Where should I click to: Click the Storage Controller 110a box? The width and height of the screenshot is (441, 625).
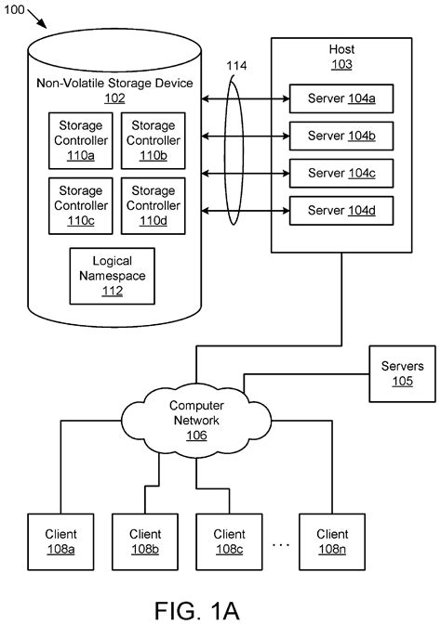click(x=80, y=140)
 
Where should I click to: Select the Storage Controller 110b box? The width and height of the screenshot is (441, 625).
click(x=153, y=140)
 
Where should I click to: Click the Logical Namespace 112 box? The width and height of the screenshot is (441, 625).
click(x=113, y=276)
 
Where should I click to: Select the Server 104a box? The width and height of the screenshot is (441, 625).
click(x=335, y=97)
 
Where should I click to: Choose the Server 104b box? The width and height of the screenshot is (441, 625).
click(x=335, y=135)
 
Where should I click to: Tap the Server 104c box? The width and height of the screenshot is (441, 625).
click(x=335, y=173)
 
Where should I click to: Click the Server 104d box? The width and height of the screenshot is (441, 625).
click(x=335, y=211)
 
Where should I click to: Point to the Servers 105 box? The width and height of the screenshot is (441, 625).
click(x=402, y=373)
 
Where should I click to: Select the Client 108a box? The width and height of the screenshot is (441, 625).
click(x=60, y=540)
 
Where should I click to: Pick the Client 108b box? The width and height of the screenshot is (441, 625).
click(x=144, y=540)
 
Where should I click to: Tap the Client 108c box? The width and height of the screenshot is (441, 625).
click(x=229, y=540)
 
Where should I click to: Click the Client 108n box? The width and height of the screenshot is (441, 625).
click(x=332, y=540)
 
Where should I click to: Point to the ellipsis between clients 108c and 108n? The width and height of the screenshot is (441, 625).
click(x=281, y=542)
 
